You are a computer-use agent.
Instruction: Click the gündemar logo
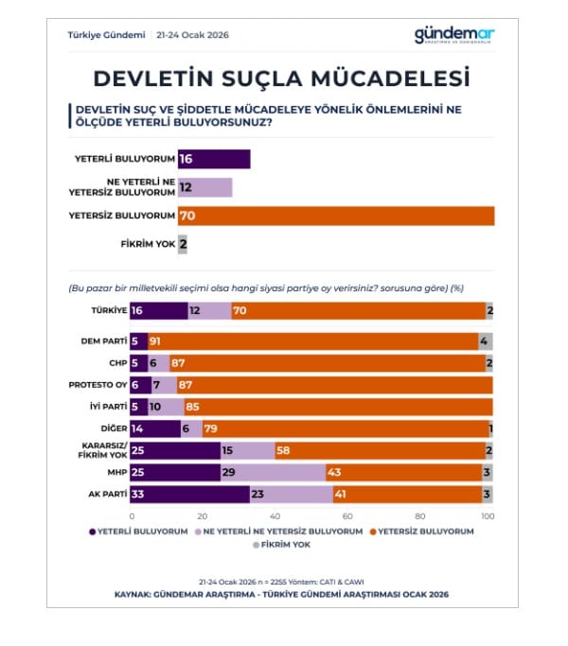453,35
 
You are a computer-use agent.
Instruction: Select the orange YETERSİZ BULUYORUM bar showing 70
335,216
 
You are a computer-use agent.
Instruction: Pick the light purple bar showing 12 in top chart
204,187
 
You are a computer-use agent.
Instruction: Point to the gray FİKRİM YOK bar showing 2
183,244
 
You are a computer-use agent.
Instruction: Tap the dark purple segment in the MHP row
176,471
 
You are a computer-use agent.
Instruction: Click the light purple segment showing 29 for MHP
274,471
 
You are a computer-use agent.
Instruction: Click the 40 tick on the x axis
274,515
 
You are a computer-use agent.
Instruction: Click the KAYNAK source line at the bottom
281,594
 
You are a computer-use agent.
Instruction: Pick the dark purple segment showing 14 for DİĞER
156,428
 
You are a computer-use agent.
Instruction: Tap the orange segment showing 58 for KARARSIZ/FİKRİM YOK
379,449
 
